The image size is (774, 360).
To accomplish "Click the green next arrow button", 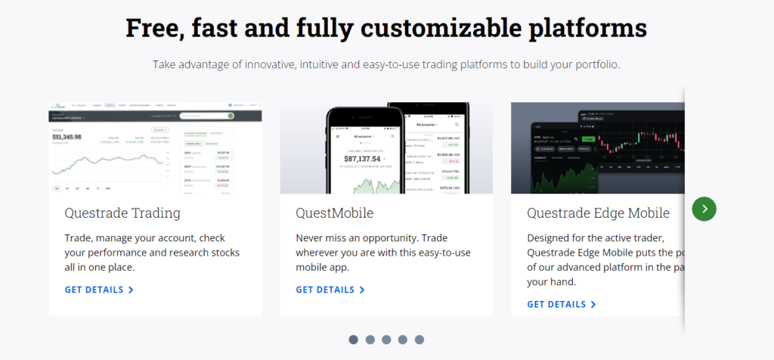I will [704, 209].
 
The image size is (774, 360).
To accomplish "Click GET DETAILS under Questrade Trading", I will [99, 290].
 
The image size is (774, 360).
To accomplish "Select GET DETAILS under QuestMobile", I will [330, 290].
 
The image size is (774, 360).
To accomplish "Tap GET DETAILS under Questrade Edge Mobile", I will [562, 304].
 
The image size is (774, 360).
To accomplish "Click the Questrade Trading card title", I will [122, 213].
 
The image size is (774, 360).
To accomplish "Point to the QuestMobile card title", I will [335, 213].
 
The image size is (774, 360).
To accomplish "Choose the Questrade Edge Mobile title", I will [598, 213].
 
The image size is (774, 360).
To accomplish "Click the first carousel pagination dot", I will [353, 340].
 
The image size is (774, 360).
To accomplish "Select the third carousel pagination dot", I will [386, 340].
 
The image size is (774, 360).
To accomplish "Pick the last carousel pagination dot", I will [420, 340].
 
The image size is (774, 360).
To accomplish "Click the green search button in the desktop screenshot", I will [231, 116].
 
